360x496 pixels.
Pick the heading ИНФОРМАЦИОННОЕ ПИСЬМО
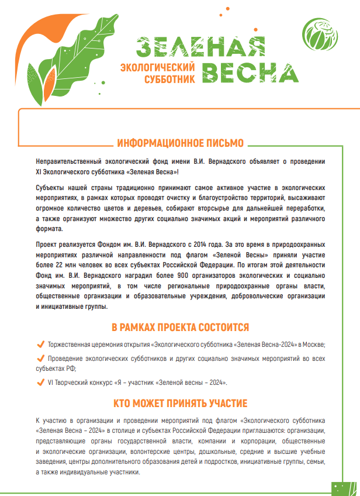point(180,143)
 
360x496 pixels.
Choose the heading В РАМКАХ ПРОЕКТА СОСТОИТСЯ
point(180,326)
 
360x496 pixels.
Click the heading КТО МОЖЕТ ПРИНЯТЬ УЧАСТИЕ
point(180,404)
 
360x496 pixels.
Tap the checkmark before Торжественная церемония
point(40,344)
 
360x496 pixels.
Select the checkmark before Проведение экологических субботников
point(40,357)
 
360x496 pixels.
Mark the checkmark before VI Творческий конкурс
point(40,382)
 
